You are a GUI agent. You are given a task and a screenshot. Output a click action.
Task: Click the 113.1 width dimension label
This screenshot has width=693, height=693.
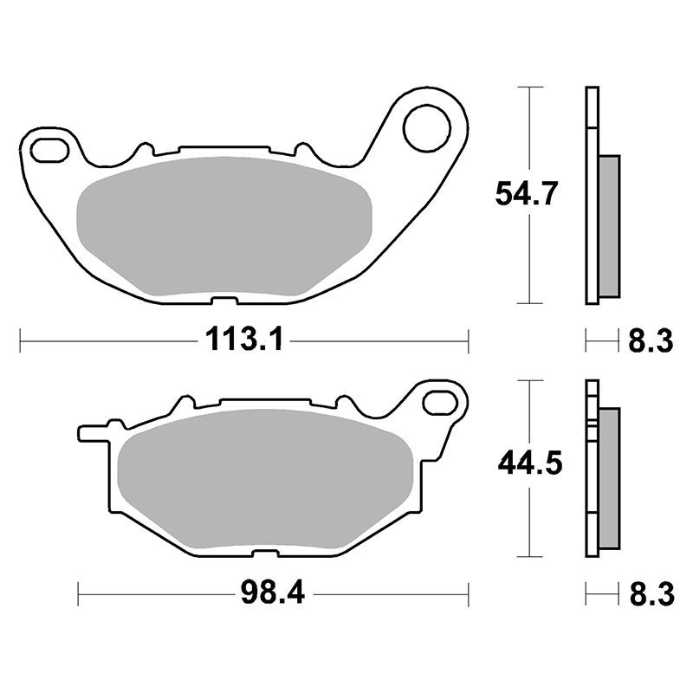click(244, 340)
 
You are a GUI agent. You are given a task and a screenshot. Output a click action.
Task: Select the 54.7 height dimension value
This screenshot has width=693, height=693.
click(524, 193)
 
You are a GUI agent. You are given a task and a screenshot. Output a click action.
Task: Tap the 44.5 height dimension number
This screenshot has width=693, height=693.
click(530, 463)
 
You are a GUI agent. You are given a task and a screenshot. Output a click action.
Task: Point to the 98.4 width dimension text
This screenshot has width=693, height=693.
click(273, 593)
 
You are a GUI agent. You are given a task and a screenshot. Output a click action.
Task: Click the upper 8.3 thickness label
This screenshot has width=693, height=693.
click(651, 340)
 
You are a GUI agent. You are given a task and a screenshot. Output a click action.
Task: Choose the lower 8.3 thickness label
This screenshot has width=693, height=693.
click(652, 593)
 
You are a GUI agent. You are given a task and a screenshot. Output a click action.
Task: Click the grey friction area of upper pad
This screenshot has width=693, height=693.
click(224, 226)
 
